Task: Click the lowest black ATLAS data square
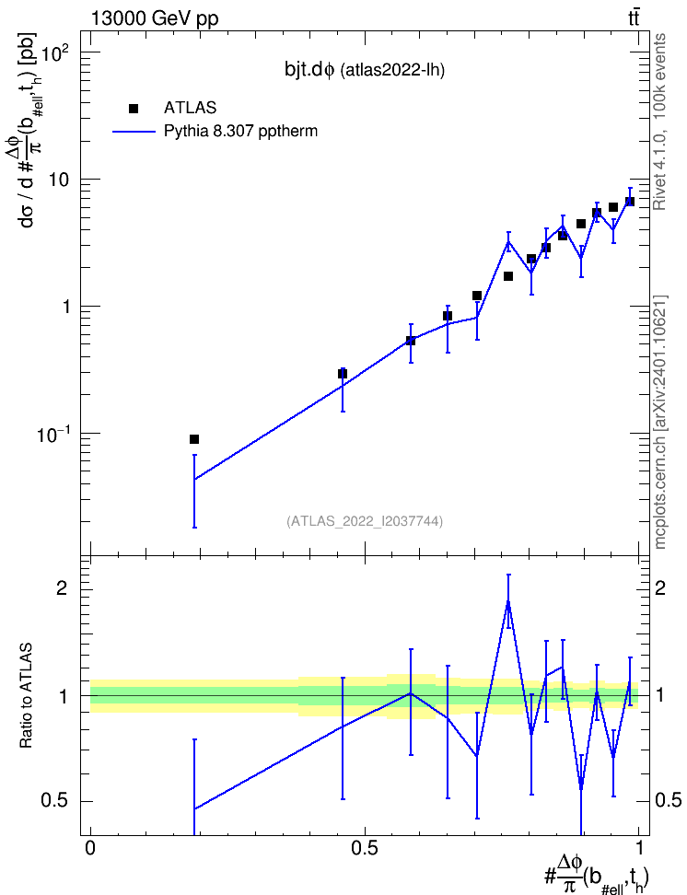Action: [x=194, y=439]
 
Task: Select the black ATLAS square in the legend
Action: [x=134, y=109]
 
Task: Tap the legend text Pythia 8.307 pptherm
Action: [x=240, y=132]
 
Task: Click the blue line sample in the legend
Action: [x=134, y=132]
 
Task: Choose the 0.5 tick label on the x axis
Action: [x=365, y=848]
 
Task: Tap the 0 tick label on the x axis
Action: [x=90, y=848]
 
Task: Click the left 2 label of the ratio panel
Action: [x=62, y=587]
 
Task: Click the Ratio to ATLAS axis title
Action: [x=26, y=696]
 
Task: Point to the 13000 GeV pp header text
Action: [x=155, y=18]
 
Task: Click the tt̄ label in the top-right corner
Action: [x=634, y=17]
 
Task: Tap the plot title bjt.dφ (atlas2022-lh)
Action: [x=365, y=70]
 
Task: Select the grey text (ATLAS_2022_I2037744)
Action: [x=365, y=520]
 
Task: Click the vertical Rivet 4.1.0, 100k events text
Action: [x=659, y=122]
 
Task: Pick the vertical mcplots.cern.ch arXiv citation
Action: [x=660, y=422]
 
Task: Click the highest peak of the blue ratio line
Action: [x=508, y=601]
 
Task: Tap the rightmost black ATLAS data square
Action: [x=629, y=202]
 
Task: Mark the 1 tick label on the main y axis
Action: [x=65, y=308]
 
